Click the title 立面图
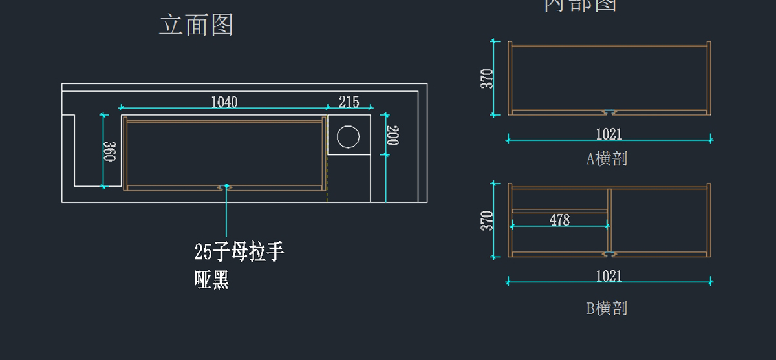[x=196, y=25]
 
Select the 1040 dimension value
[x=224, y=101]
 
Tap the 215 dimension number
[x=349, y=101]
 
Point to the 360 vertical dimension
[x=110, y=151]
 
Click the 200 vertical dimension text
[x=392, y=136]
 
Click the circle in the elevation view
[x=348, y=137]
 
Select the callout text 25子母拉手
[x=239, y=251]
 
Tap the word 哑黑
[x=212, y=279]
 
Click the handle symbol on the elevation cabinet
[x=226, y=187]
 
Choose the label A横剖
[x=607, y=158]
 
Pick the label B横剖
[x=607, y=308]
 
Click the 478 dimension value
[x=559, y=220]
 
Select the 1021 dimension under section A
[x=609, y=134]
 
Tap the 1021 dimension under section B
[x=609, y=276]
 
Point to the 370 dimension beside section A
[x=487, y=78]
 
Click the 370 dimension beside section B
[x=487, y=220]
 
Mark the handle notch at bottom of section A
[x=609, y=112]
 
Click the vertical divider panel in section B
[x=610, y=220]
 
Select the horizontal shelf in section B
[x=559, y=211]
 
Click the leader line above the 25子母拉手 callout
[x=226, y=213]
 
